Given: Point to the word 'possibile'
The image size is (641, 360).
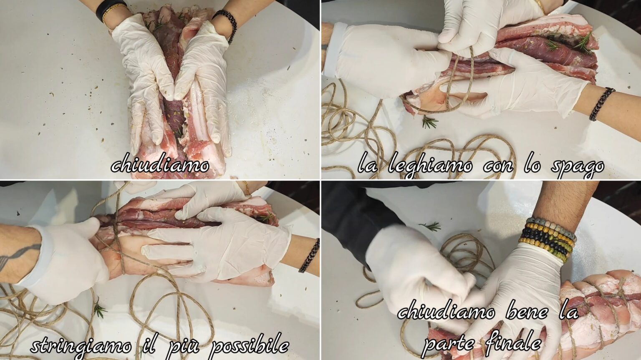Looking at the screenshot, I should (x=250, y=345).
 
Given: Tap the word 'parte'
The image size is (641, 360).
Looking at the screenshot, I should (x=449, y=344).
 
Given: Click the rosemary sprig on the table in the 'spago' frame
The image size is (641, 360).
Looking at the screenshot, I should (x=429, y=122).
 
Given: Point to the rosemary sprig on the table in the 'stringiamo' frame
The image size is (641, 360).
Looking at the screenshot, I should (x=99, y=310).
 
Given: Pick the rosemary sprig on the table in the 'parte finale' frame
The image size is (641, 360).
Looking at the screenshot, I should (x=432, y=227).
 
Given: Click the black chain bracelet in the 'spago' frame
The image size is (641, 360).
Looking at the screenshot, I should (x=601, y=103).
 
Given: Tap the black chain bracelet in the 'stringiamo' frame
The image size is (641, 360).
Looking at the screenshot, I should (x=309, y=256).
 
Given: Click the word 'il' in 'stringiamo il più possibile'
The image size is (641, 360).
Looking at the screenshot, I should (x=153, y=345).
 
